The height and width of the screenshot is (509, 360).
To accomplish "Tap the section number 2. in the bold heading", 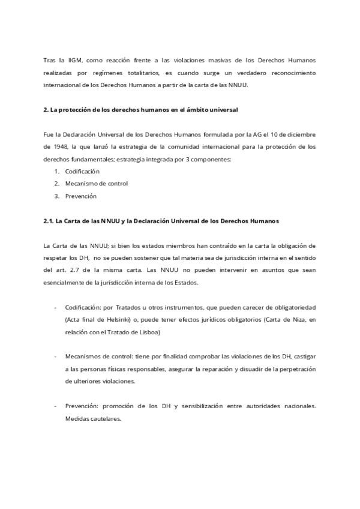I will (x=46, y=110).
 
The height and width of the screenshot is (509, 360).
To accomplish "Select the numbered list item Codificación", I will (x=82, y=171).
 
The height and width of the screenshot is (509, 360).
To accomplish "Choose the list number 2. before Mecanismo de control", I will (x=56, y=184).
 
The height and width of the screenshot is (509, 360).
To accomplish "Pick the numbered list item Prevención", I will (x=81, y=196).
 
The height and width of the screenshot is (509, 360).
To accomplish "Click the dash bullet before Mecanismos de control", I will (x=56, y=357).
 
